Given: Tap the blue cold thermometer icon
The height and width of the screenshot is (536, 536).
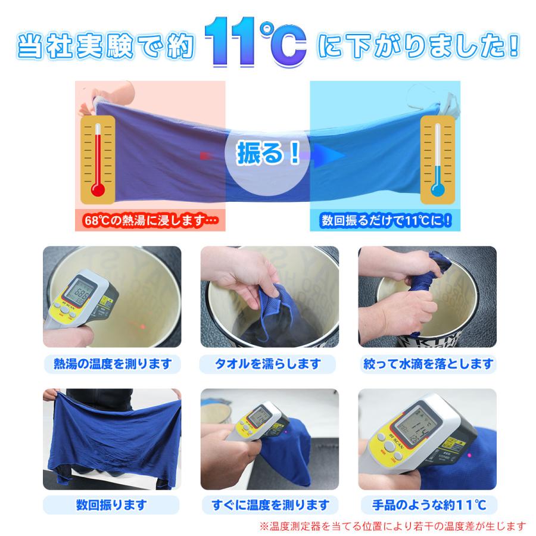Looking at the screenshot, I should pyautogui.click(x=438, y=157).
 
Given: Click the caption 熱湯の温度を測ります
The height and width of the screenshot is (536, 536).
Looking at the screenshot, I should pyautogui.click(x=112, y=363).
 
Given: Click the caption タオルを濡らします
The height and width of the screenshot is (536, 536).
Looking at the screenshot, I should pyautogui.click(x=268, y=363).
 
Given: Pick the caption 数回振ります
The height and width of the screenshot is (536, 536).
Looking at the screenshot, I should pyautogui.click(x=112, y=506).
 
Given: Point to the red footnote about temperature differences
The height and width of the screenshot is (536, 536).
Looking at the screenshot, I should pyautogui.click(x=393, y=526).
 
